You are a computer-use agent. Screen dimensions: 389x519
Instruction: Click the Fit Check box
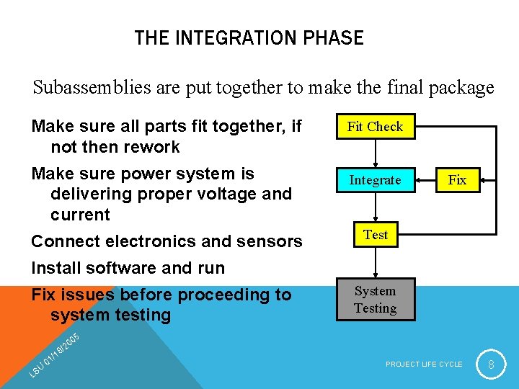pos(375,127)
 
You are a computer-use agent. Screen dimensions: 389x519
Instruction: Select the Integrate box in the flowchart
pos(375,180)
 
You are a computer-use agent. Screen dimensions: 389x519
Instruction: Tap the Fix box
pos(457,180)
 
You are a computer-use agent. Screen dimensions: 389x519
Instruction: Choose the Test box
pos(376,235)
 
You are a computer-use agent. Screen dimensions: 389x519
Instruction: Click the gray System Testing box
pos(375,300)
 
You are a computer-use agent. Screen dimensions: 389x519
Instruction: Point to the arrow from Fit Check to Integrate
pos(375,153)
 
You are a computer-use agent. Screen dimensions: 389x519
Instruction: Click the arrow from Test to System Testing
pos(375,263)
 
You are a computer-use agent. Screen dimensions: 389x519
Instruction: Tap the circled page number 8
pos(491,365)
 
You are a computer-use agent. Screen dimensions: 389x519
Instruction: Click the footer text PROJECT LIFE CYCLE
pos(424,365)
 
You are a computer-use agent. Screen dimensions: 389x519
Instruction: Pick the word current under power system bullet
pos(80,214)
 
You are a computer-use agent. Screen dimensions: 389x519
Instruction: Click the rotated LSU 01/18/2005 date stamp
pos(53,354)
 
